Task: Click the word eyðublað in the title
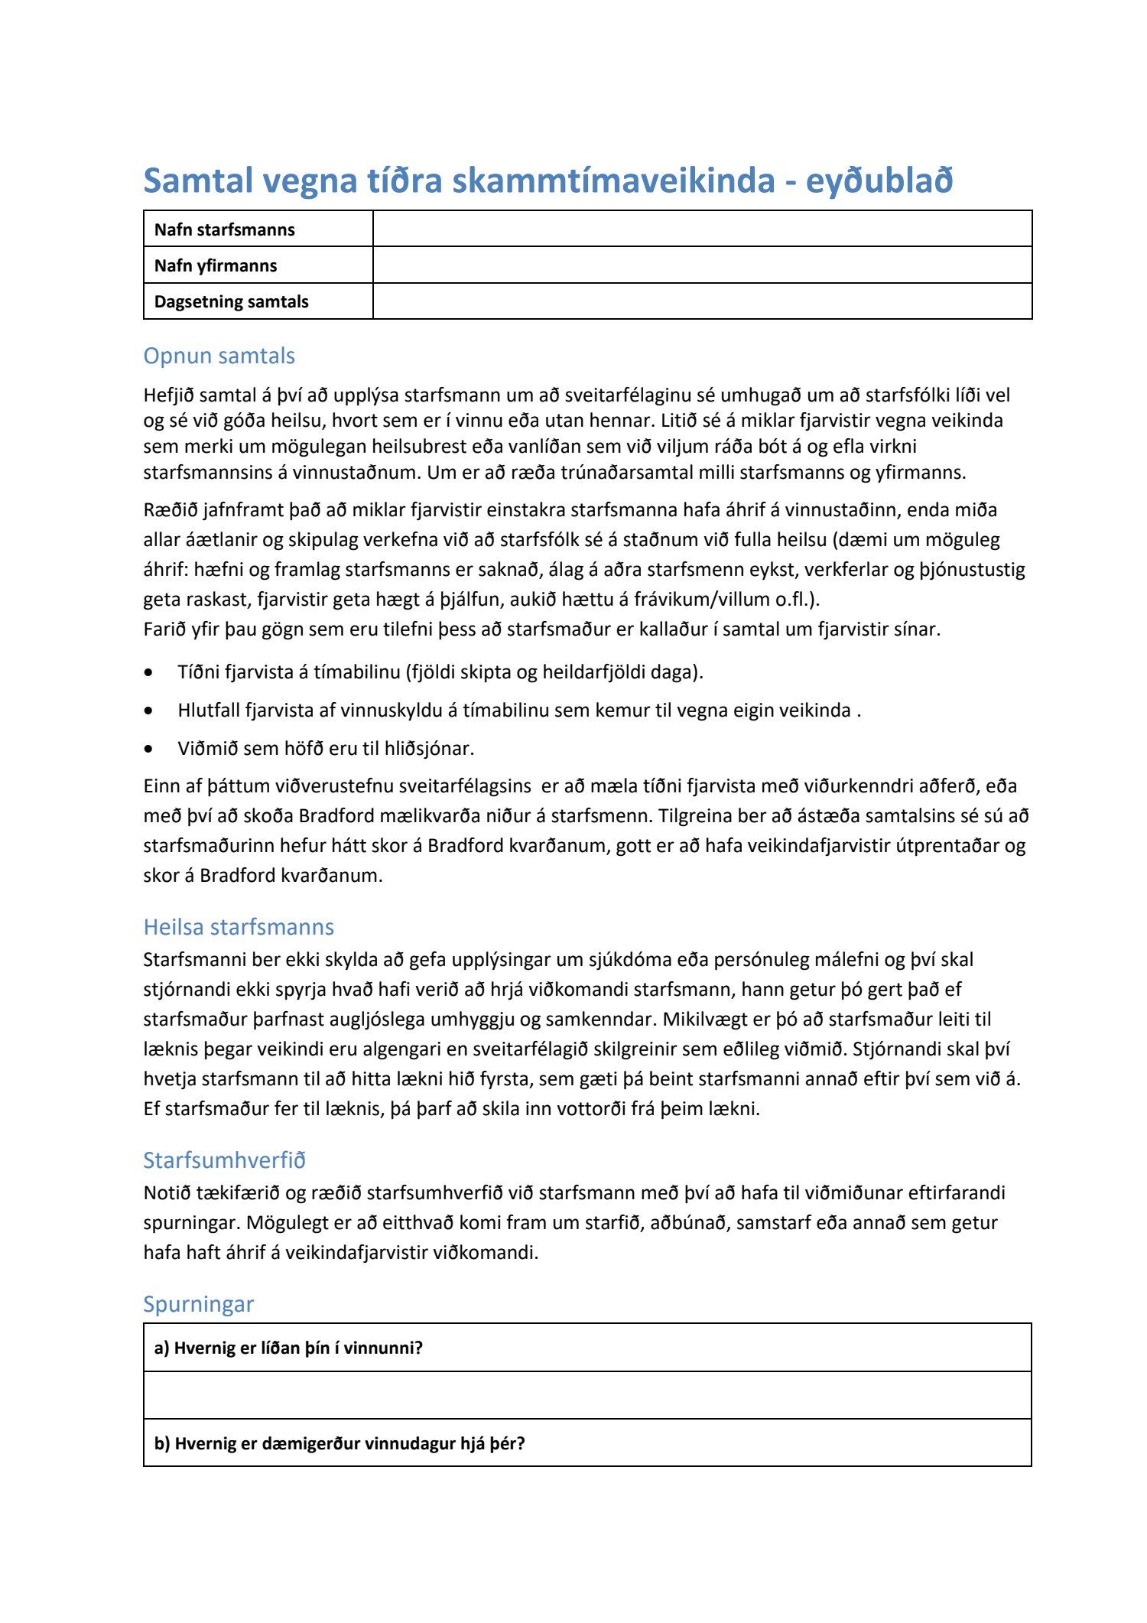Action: click(x=879, y=181)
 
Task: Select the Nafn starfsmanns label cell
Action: click(x=225, y=229)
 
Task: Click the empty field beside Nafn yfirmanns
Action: click(x=702, y=265)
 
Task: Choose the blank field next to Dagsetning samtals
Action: click(x=702, y=301)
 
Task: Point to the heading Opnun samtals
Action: click(x=219, y=356)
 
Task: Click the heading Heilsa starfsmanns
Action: click(x=239, y=927)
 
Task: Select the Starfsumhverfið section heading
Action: click(x=224, y=1160)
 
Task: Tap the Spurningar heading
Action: click(x=198, y=1304)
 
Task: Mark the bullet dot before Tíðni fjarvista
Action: click(x=149, y=672)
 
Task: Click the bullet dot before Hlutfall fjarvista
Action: click(x=149, y=711)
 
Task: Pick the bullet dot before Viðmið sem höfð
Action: click(x=149, y=749)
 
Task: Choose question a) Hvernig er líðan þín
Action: click(x=289, y=1348)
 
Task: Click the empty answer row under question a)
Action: click(x=587, y=1395)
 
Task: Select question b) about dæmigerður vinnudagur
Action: click(x=340, y=1443)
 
